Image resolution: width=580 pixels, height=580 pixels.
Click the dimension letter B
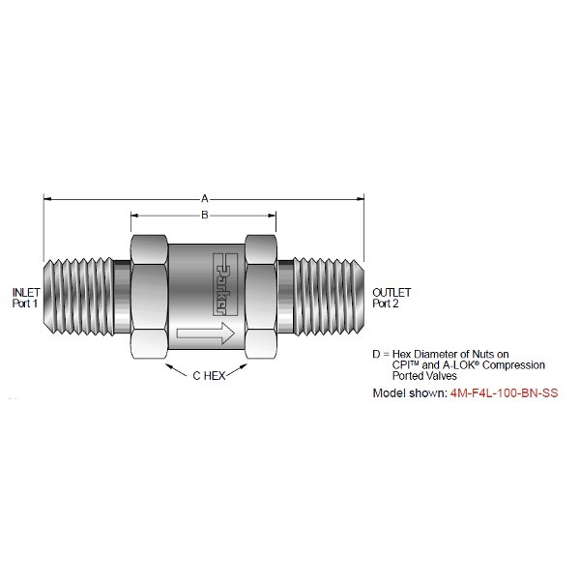[x=204, y=215]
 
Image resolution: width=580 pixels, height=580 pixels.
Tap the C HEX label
[x=204, y=376]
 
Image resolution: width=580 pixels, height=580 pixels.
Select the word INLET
[x=24, y=292]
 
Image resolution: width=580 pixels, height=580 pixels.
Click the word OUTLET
[x=391, y=292]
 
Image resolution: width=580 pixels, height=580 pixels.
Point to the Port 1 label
[x=24, y=304]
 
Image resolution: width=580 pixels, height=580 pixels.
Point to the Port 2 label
[x=388, y=304]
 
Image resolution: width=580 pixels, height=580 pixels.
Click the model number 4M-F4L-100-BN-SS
[x=504, y=394]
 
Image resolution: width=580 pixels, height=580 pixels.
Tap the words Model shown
[x=409, y=394]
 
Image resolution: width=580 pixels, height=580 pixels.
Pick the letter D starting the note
[x=377, y=355]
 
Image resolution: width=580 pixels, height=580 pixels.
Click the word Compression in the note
[x=516, y=365]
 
